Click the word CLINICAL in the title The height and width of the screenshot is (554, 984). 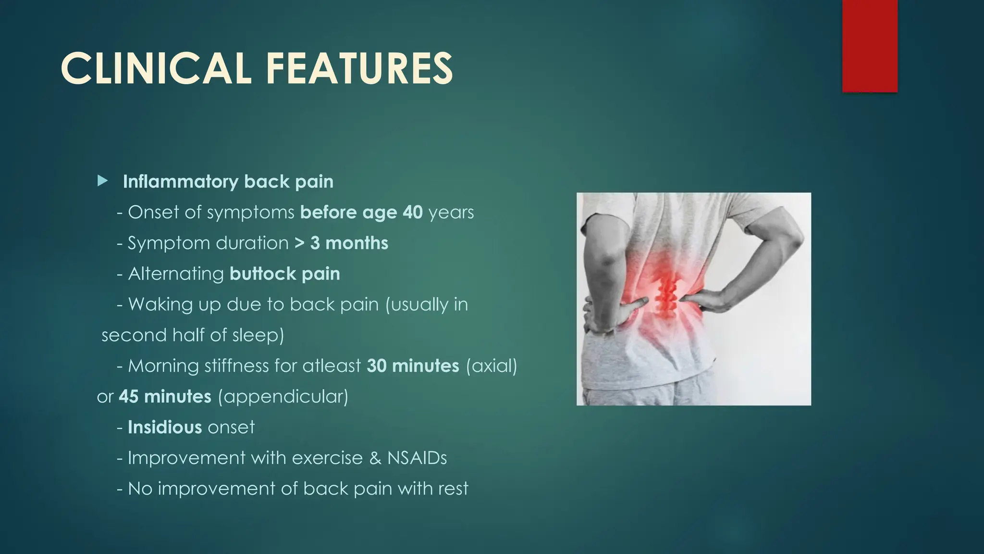(x=156, y=69)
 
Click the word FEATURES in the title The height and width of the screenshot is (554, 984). (x=359, y=69)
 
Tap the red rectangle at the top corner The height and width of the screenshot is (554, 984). (x=870, y=46)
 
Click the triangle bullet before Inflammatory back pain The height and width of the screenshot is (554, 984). (x=102, y=181)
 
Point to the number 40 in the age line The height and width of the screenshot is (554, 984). (x=412, y=212)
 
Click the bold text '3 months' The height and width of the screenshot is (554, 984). (x=349, y=243)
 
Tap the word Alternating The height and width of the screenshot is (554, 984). (x=176, y=274)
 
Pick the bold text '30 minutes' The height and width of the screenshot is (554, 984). (x=413, y=366)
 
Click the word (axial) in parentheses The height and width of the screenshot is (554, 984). (x=492, y=366)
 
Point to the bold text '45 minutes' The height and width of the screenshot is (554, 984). (x=165, y=397)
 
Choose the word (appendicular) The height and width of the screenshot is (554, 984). (x=283, y=397)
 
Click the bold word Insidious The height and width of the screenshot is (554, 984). (x=164, y=427)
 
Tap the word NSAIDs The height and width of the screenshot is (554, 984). (x=417, y=458)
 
